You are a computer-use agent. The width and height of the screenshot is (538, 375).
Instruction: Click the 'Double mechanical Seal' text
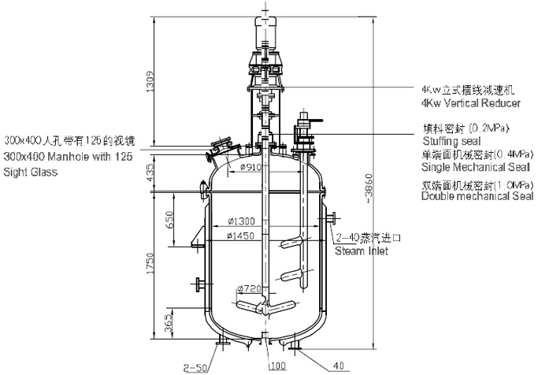(x=478, y=197)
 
